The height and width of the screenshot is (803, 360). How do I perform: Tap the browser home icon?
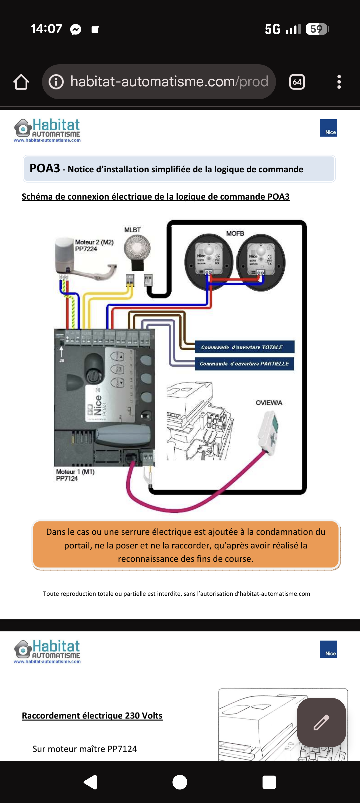[21, 82]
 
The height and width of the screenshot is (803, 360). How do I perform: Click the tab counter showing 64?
[297, 82]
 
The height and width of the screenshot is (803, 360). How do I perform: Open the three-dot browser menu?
[339, 82]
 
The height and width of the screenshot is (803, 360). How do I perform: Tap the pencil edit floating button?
[321, 722]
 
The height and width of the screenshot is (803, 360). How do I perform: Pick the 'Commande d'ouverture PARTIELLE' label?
[244, 364]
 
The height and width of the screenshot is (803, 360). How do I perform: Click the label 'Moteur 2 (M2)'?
[94, 242]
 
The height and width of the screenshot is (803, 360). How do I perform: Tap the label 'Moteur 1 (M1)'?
[75, 472]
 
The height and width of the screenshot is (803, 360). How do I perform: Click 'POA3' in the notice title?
[45, 168]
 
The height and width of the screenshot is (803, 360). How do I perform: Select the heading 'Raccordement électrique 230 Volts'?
[92, 715]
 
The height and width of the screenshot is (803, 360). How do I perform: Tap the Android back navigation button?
[90, 782]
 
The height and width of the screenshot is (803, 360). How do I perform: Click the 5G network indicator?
[272, 29]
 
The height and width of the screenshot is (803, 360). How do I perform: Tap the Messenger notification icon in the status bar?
[76, 30]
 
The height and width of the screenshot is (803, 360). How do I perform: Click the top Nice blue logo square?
[328, 128]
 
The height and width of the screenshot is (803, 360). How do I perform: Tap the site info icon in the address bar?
[56, 82]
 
